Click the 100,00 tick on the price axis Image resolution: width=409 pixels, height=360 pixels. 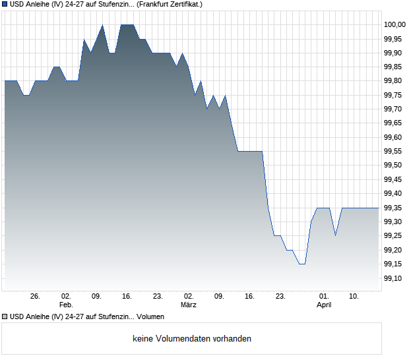point(394,24)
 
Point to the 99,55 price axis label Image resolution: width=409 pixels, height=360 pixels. point(394,151)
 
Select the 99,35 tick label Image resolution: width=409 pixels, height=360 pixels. point(394,208)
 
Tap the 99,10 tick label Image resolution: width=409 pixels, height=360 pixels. point(394,278)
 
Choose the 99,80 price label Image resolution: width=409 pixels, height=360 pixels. point(394,80)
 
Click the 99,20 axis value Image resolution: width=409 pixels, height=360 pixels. point(394,250)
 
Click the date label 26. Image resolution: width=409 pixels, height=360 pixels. point(36,296)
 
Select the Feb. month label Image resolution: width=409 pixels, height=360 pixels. point(66,305)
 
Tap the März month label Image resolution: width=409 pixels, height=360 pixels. point(189,305)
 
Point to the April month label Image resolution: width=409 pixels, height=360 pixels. point(324,305)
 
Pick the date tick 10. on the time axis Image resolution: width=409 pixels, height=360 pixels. point(354,296)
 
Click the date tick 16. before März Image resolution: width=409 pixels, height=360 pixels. point(127,296)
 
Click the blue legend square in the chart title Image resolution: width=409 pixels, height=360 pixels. point(5,4)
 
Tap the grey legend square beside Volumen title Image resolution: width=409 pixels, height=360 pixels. point(5,316)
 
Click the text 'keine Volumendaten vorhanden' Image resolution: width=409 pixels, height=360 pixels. point(192,339)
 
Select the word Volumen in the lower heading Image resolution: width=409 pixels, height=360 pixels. point(150,316)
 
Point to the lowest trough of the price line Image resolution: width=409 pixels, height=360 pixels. point(301,264)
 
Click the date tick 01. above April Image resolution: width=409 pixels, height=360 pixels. point(324,296)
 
